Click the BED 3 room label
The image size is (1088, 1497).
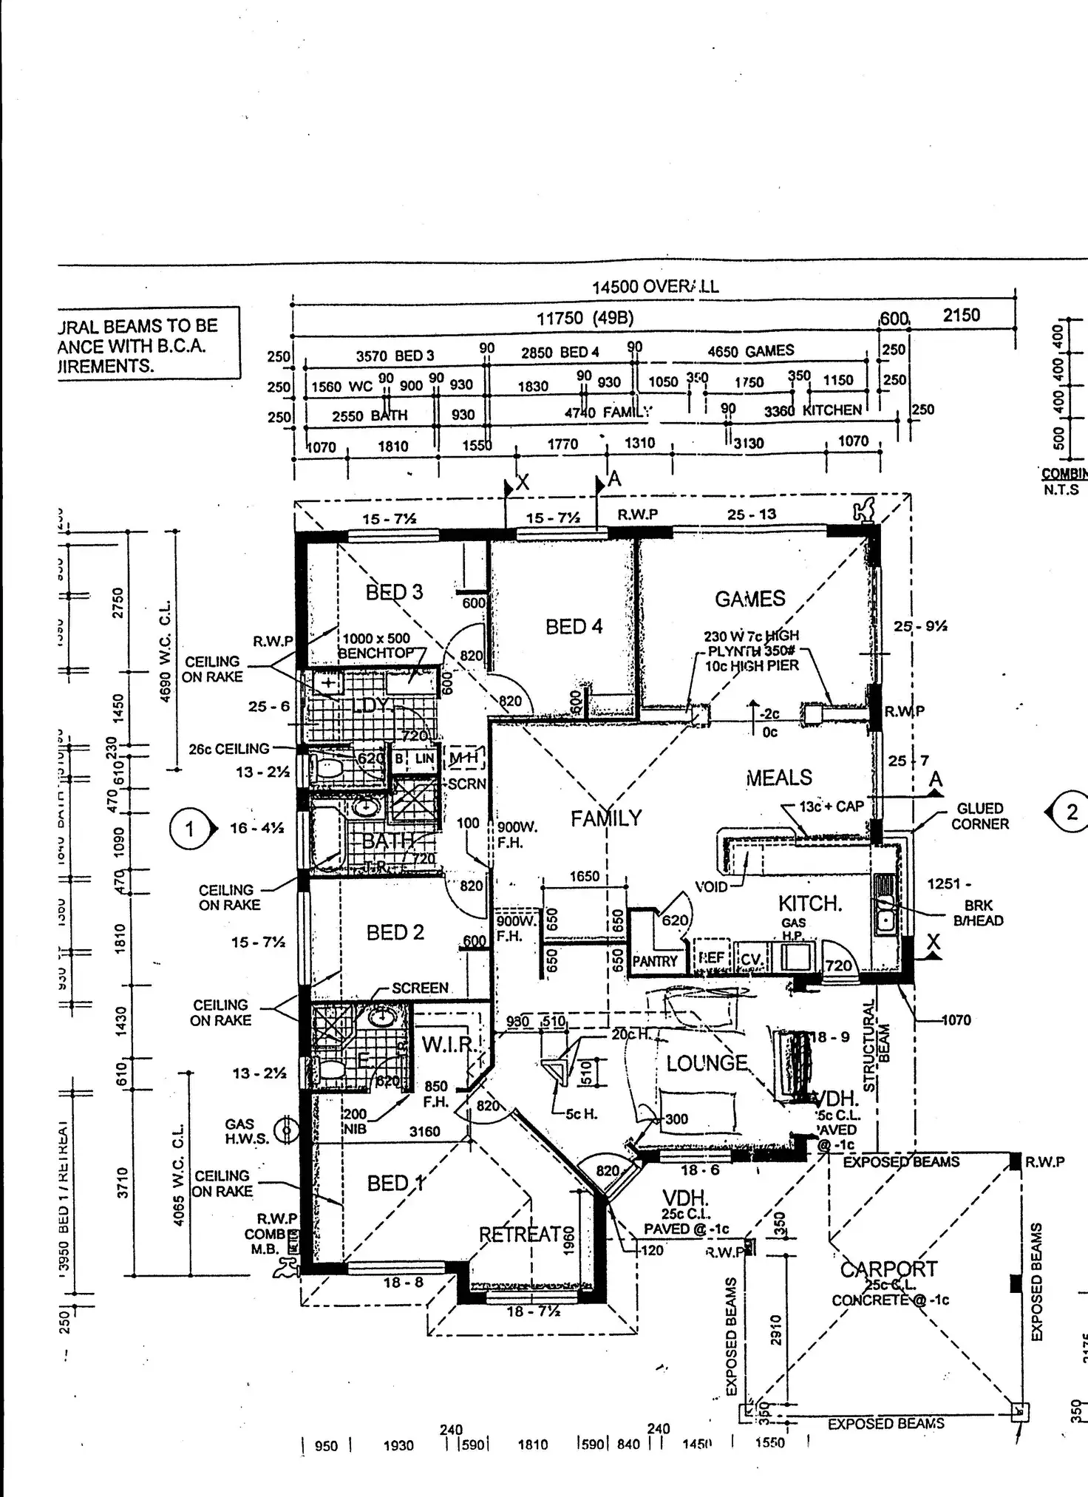coord(394,592)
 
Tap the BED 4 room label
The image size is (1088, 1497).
coord(574,627)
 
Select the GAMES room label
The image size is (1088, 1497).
coord(749,599)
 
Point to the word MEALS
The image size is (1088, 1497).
coord(779,778)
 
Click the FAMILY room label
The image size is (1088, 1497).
coord(606,818)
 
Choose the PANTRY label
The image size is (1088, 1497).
coord(655,962)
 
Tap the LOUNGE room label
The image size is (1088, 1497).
coord(707,1064)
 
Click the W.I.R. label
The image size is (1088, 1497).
coord(447,1045)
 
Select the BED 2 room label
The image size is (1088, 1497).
coord(395,933)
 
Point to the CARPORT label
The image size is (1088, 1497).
coord(888,1269)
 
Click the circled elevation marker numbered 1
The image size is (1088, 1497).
coord(189,829)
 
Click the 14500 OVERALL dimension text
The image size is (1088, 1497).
coord(655,287)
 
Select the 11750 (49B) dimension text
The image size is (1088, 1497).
coord(585,319)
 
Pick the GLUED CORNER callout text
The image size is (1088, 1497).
coord(980,816)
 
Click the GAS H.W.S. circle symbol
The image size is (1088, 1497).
coord(286,1130)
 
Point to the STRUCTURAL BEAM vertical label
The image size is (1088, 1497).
coord(877,1045)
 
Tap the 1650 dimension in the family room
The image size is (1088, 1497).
coord(584,876)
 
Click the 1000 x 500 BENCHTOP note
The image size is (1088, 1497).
coord(376,645)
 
